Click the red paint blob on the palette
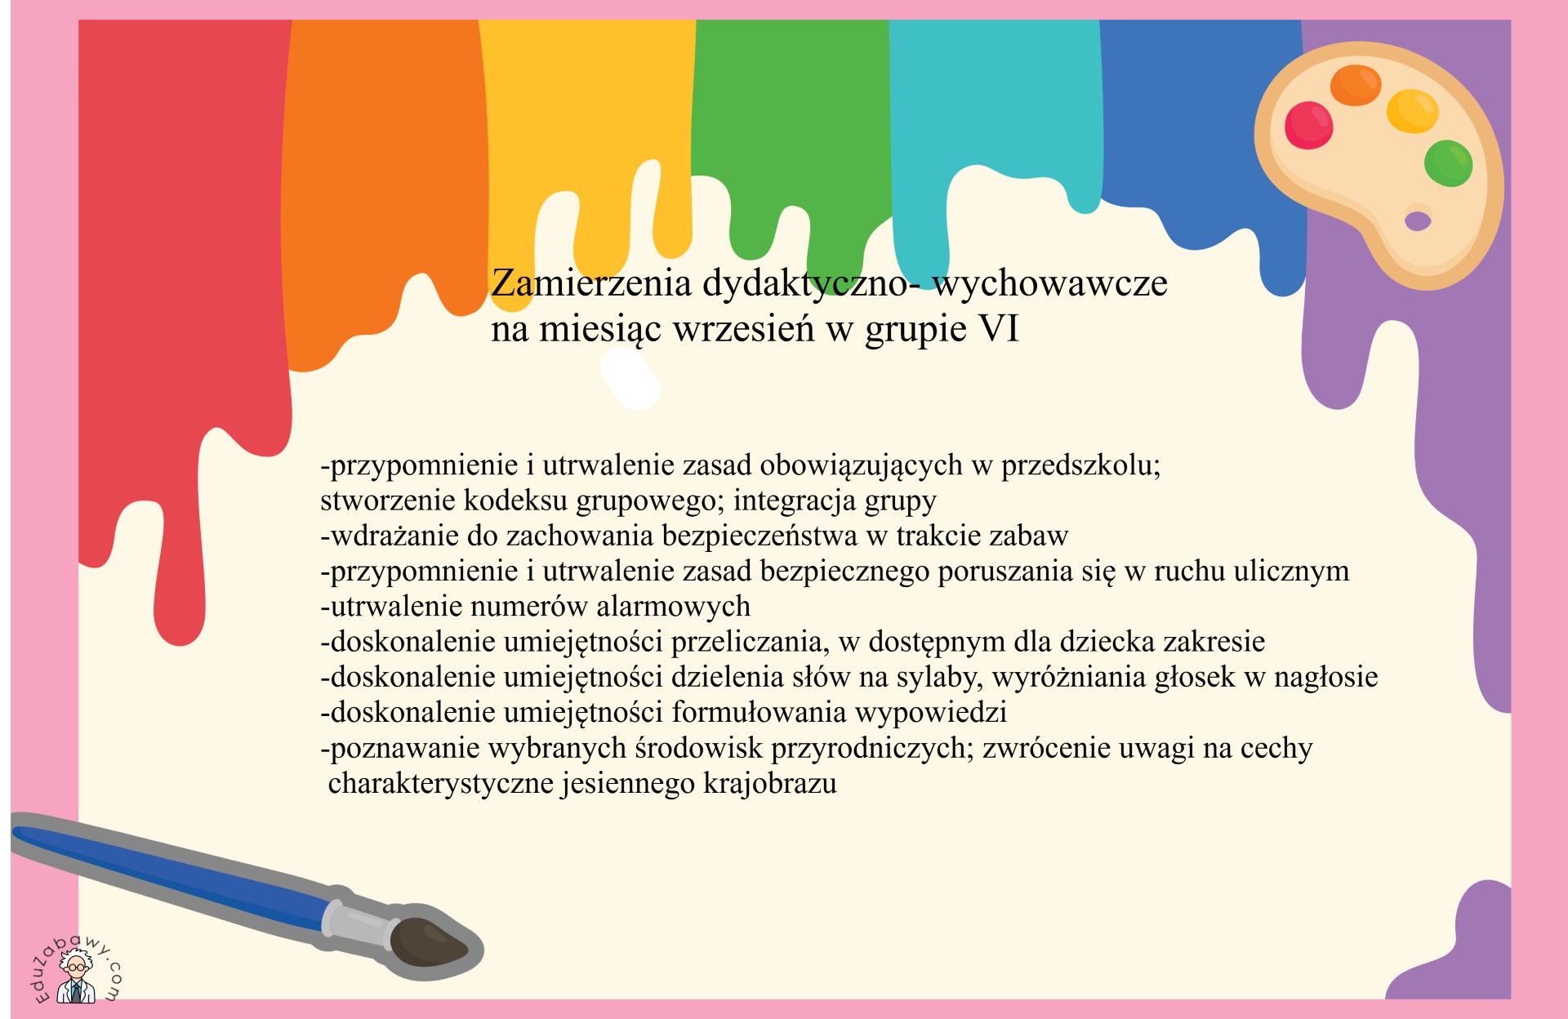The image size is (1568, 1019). tap(1308, 125)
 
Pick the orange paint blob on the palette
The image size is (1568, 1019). tap(1356, 85)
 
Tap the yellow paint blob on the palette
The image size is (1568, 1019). tap(1412, 111)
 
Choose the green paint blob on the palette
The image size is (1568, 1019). tap(1448, 163)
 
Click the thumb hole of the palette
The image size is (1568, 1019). tap(1418, 220)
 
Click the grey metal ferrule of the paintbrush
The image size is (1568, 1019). tap(359, 925)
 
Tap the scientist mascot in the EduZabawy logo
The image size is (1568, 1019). tap(76, 981)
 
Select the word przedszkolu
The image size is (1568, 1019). tap(1080, 465)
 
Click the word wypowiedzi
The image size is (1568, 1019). tap(931, 713)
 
